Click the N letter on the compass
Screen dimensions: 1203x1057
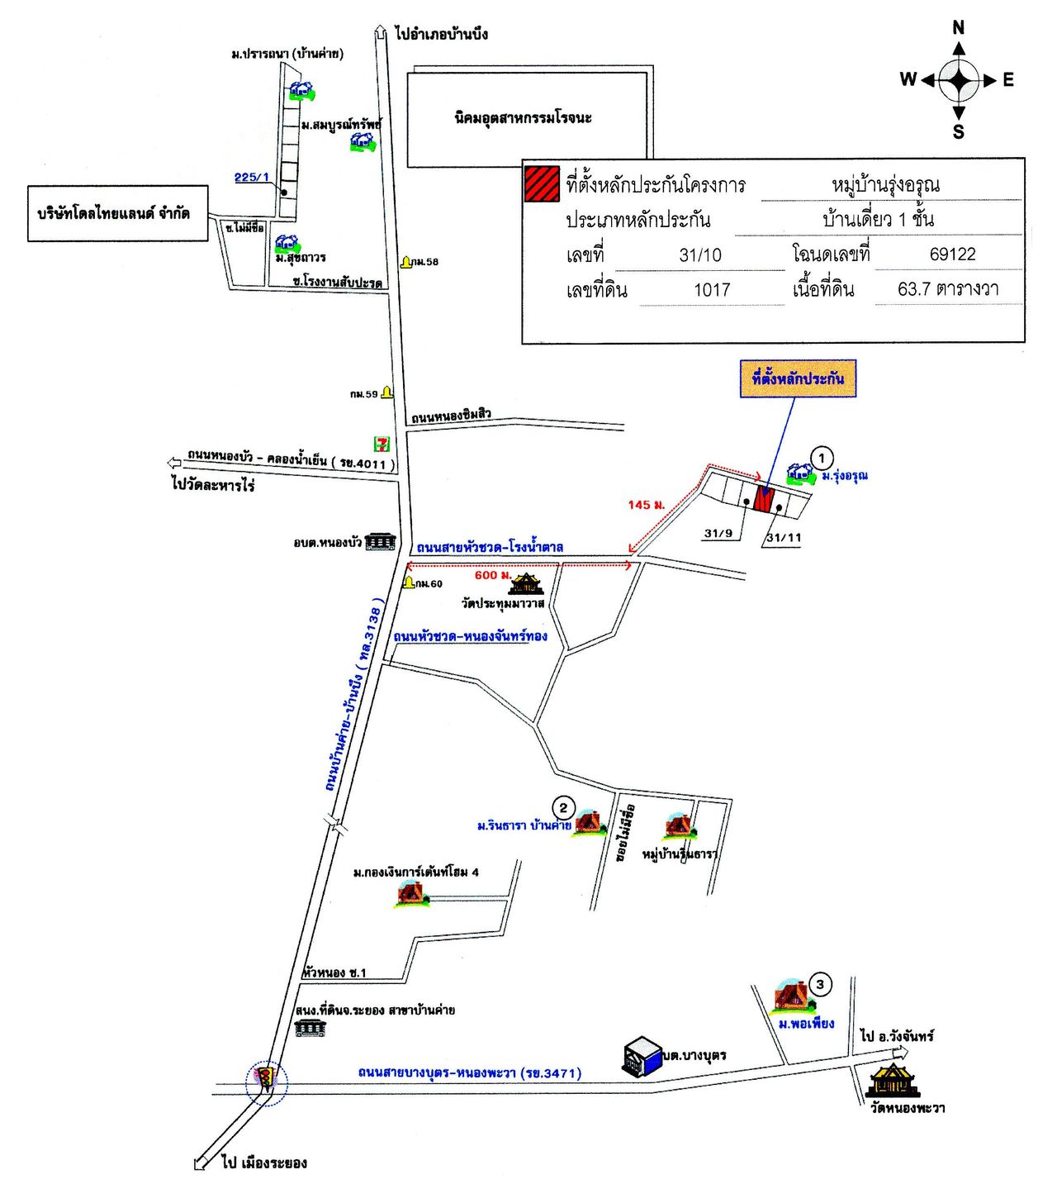[958, 27]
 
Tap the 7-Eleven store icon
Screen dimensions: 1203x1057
[381, 444]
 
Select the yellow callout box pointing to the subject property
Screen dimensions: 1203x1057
[798, 379]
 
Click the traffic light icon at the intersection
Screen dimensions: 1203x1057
[267, 1078]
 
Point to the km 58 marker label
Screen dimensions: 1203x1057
[426, 262]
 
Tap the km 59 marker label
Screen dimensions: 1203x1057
[363, 394]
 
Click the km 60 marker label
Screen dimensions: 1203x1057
[429, 583]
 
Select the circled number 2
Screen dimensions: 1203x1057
[563, 808]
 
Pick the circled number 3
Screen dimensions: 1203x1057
[819, 984]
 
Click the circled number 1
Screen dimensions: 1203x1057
[821, 458]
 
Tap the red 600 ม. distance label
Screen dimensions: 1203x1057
[493, 575]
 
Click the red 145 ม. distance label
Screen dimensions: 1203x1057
[646, 504]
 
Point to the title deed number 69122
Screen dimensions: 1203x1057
[952, 254]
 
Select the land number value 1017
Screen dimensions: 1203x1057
[712, 290]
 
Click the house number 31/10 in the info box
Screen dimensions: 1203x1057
[700, 255]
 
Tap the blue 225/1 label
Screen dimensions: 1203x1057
[251, 177]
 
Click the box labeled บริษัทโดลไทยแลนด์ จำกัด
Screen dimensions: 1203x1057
[117, 214]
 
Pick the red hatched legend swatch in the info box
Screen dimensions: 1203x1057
[542, 183]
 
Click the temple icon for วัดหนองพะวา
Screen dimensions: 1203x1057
[893, 1080]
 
